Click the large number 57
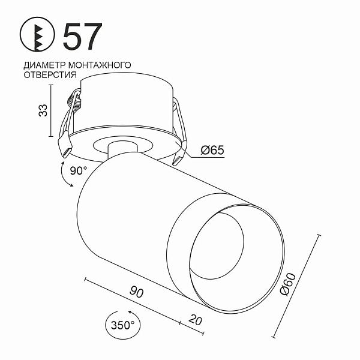[82, 36]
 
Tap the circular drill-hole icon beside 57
[37, 34]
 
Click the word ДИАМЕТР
[45, 65]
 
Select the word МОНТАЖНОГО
[100, 65]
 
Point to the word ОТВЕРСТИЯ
[50, 75]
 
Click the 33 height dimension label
[43, 110]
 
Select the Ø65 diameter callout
[212, 150]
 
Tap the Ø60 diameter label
[288, 284]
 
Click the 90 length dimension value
[137, 292]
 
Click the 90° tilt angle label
[79, 170]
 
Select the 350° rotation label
[122, 325]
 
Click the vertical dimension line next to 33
[51, 110]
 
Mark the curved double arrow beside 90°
[65, 174]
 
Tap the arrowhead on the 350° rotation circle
[130, 312]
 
